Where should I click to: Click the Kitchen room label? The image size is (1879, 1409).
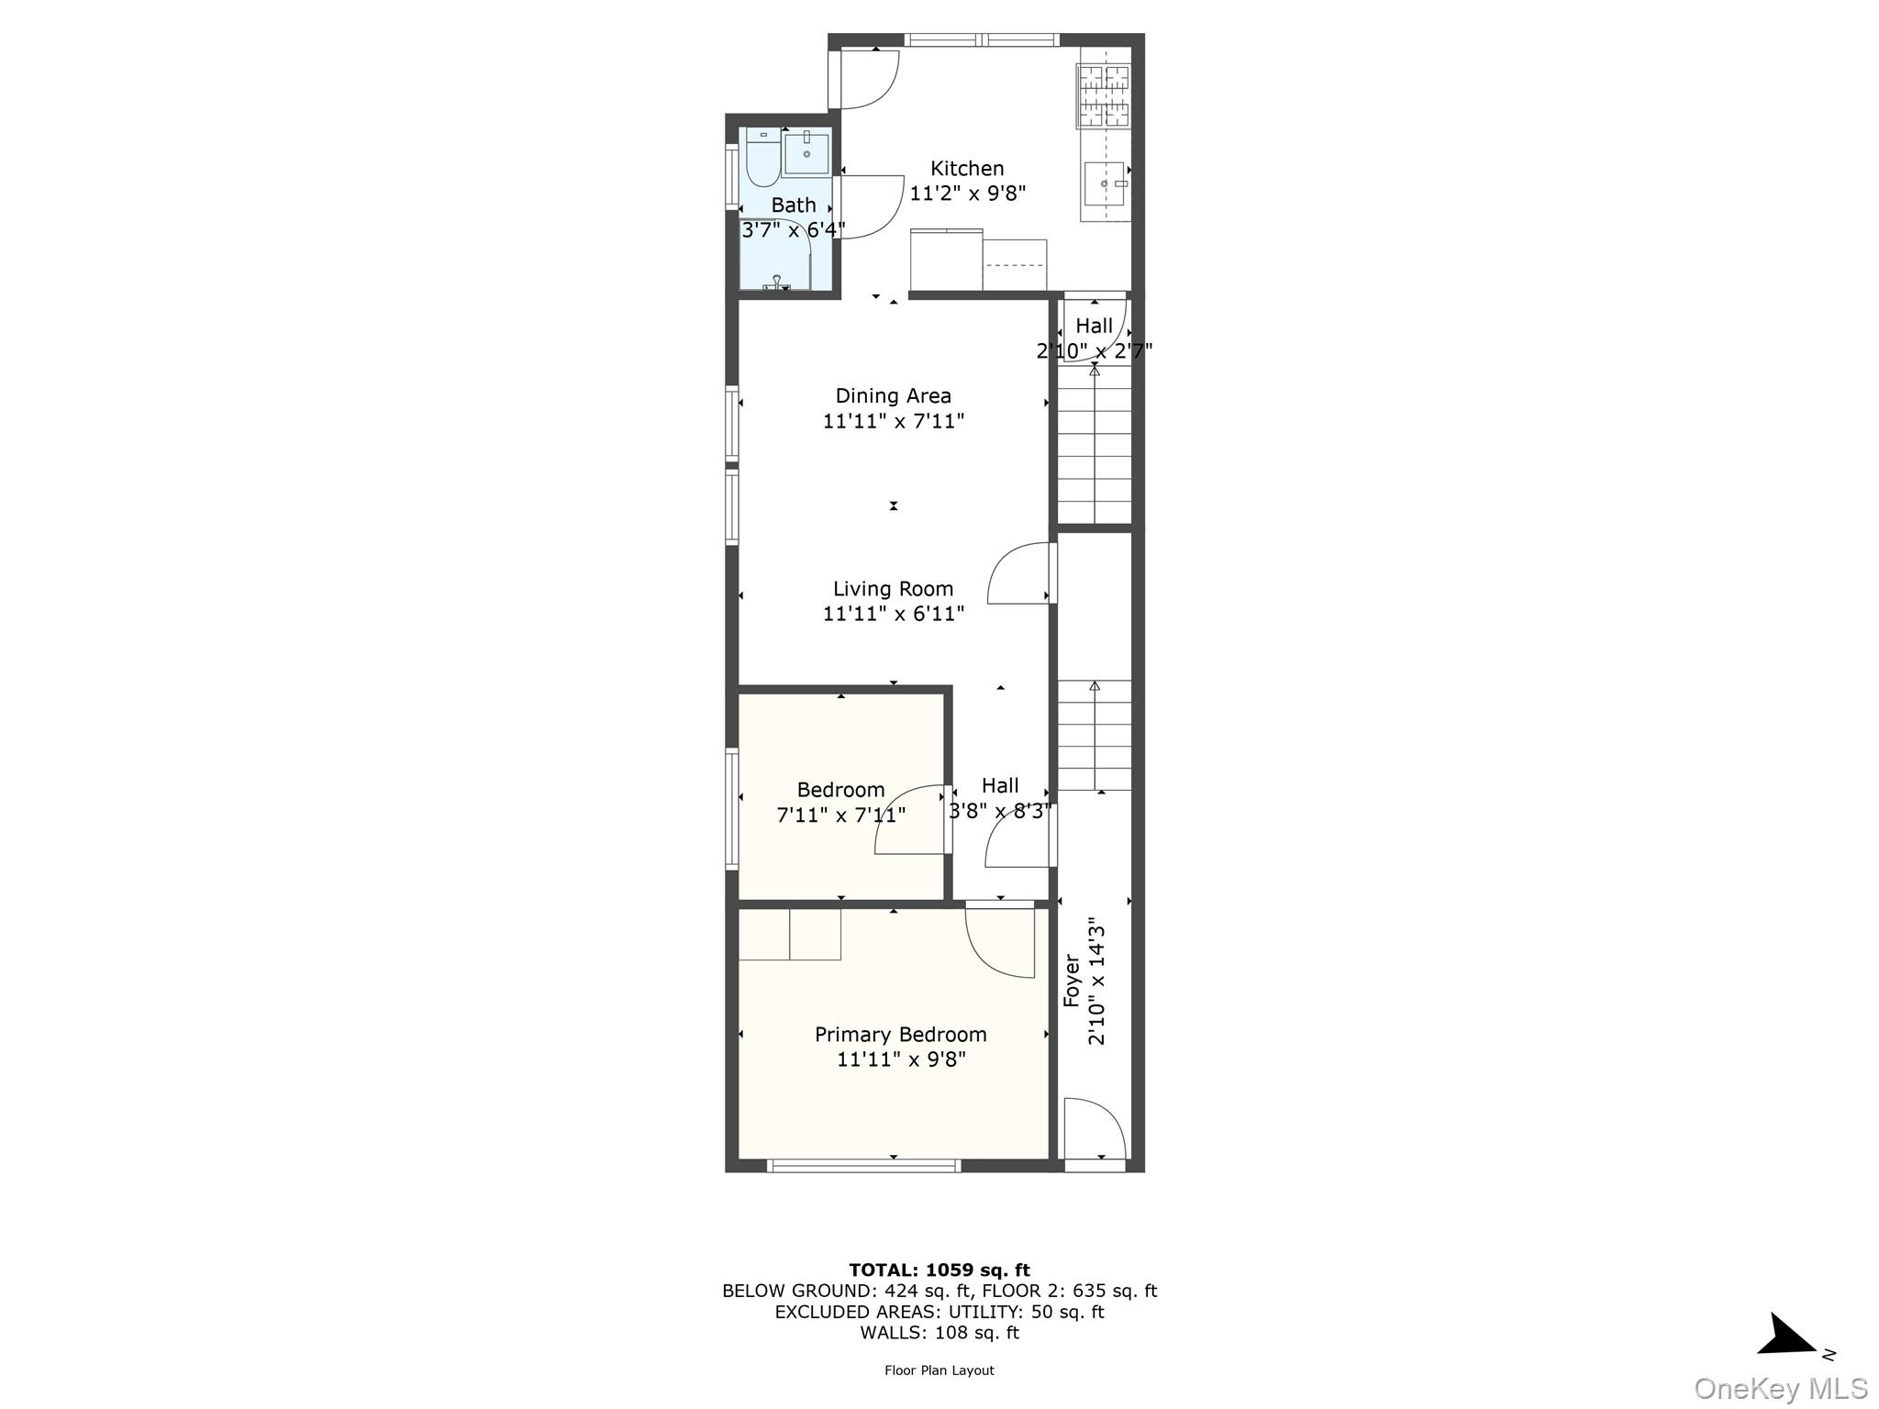coord(967,169)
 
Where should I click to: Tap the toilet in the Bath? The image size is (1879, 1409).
coord(762,158)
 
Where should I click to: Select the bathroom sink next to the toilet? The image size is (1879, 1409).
coord(806,152)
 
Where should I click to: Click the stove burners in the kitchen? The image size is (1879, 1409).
coord(1104,96)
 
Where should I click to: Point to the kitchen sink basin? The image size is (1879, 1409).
coord(1104,184)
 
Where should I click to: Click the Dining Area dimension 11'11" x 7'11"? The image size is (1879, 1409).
coord(893,421)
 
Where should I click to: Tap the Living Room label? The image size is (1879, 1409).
coord(893,589)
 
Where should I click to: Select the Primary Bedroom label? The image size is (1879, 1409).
coord(901,1035)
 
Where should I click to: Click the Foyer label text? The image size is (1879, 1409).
coord(1072,981)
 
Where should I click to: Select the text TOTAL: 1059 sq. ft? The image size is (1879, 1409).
coord(939,1270)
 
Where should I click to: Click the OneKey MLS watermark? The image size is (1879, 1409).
coord(1781,1389)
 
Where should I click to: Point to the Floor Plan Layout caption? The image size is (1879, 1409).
coord(939,1370)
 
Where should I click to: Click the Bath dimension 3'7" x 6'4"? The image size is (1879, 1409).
coord(794,230)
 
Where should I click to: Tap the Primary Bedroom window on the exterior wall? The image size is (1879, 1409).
coord(864,1166)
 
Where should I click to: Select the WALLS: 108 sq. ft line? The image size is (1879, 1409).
coord(939,1333)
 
